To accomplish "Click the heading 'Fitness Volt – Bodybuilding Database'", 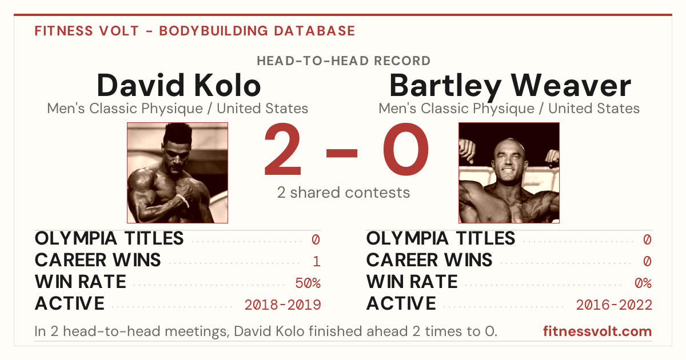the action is (x=195, y=31).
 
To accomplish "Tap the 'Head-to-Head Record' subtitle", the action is (x=344, y=61).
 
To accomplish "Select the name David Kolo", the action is (x=178, y=85).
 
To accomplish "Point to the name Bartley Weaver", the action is (x=510, y=87).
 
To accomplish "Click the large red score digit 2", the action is (x=282, y=149).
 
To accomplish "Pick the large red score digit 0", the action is (x=406, y=149).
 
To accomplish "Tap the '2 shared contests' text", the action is (x=344, y=193).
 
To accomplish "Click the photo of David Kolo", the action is (x=177, y=173).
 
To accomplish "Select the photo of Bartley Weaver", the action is (x=509, y=173).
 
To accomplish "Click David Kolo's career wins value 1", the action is (x=317, y=261).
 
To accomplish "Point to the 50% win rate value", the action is (x=308, y=283).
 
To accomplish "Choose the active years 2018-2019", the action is (x=282, y=305).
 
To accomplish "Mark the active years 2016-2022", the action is (x=614, y=305).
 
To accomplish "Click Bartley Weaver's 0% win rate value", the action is (x=643, y=283).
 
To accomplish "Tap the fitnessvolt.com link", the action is (x=597, y=331).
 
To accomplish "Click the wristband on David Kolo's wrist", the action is (x=183, y=199).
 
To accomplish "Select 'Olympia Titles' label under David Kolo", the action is (x=109, y=238).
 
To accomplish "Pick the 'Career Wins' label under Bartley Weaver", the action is (x=429, y=260).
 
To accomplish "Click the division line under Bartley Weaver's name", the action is (x=509, y=109).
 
